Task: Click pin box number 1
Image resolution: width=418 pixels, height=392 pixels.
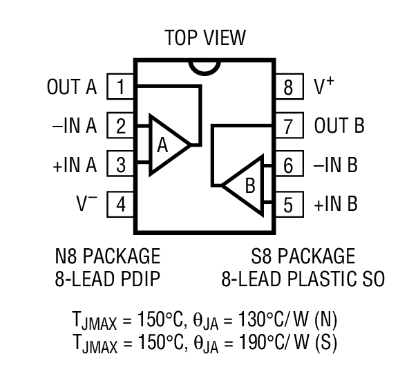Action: (x=120, y=87)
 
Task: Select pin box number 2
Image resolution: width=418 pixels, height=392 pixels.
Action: (x=120, y=127)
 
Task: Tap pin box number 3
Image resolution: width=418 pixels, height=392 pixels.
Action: (x=120, y=166)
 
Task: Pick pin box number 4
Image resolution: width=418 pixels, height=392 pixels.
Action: (x=120, y=205)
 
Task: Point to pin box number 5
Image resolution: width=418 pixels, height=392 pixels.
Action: (x=288, y=205)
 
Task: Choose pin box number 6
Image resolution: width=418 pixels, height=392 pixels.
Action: (x=288, y=166)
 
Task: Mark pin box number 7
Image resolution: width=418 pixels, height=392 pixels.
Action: (x=288, y=127)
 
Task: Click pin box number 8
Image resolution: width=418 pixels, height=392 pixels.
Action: (x=288, y=87)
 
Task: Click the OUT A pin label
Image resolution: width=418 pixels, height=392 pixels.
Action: (x=72, y=87)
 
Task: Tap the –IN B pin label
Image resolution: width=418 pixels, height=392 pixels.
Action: (x=335, y=166)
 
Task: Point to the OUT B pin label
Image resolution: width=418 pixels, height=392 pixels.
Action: (x=339, y=127)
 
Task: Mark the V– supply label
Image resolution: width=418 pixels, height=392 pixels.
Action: (x=86, y=204)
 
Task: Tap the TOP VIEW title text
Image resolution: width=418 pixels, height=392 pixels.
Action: (x=205, y=37)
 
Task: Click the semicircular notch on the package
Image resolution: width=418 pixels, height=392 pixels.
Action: (x=205, y=66)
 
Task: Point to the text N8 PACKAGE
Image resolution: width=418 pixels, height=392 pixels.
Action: (x=107, y=256)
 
